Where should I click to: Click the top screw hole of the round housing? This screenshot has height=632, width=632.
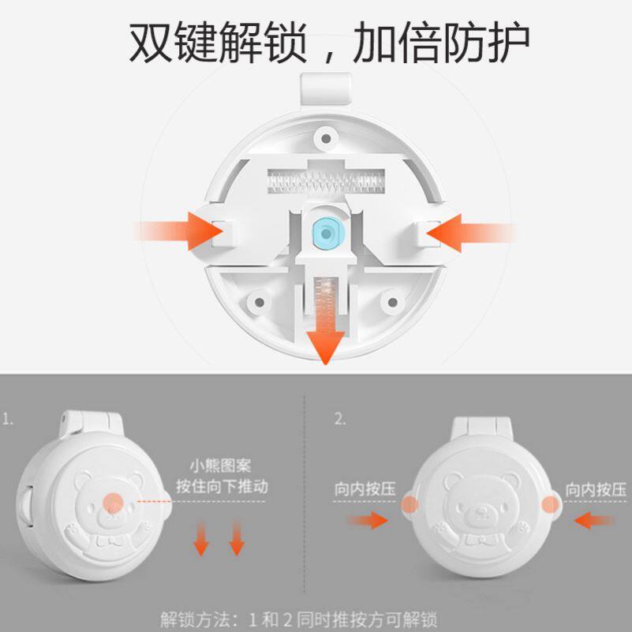[x=323, y=139]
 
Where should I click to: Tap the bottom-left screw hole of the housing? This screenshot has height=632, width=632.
[x=256, y=302]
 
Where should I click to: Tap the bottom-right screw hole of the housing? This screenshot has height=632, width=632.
[x=391, y=302]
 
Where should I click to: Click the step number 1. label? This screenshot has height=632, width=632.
[x=9, y=419]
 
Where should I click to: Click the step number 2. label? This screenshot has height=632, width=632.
[x=340, y=419]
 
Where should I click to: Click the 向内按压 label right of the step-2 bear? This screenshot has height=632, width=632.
[x=595, y=488]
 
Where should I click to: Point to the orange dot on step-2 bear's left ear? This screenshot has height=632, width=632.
[x=409, y=505]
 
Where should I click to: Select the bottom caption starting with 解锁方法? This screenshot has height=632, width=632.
[x=299, y=618]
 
